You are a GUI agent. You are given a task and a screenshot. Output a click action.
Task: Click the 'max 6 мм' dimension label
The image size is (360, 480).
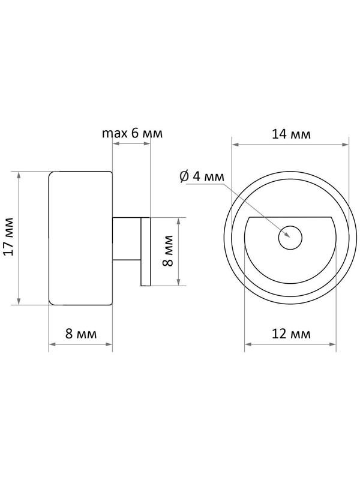point(132,133)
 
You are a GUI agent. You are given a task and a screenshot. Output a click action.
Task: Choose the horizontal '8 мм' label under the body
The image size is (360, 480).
point(80,334)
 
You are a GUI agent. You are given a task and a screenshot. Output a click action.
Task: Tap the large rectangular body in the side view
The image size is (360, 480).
point(80,238)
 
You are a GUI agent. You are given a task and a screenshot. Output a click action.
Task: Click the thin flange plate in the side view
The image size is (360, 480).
point(145,251)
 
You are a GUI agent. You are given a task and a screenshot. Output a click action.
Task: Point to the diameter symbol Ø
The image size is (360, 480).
point(184,176)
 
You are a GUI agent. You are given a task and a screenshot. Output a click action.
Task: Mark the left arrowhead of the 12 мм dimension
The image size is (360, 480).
point(247,344)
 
